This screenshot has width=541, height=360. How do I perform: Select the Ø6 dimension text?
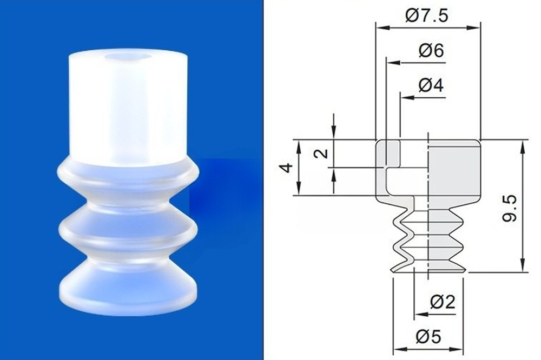click(431, 51)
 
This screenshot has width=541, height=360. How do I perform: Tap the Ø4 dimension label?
click(431, 85)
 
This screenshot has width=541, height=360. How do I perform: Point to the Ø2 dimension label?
click(443, 302)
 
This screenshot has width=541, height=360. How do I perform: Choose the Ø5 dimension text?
click(428, 336)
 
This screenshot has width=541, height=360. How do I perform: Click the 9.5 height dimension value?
click(510, 208)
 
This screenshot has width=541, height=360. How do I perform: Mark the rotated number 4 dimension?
click(286, 168)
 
